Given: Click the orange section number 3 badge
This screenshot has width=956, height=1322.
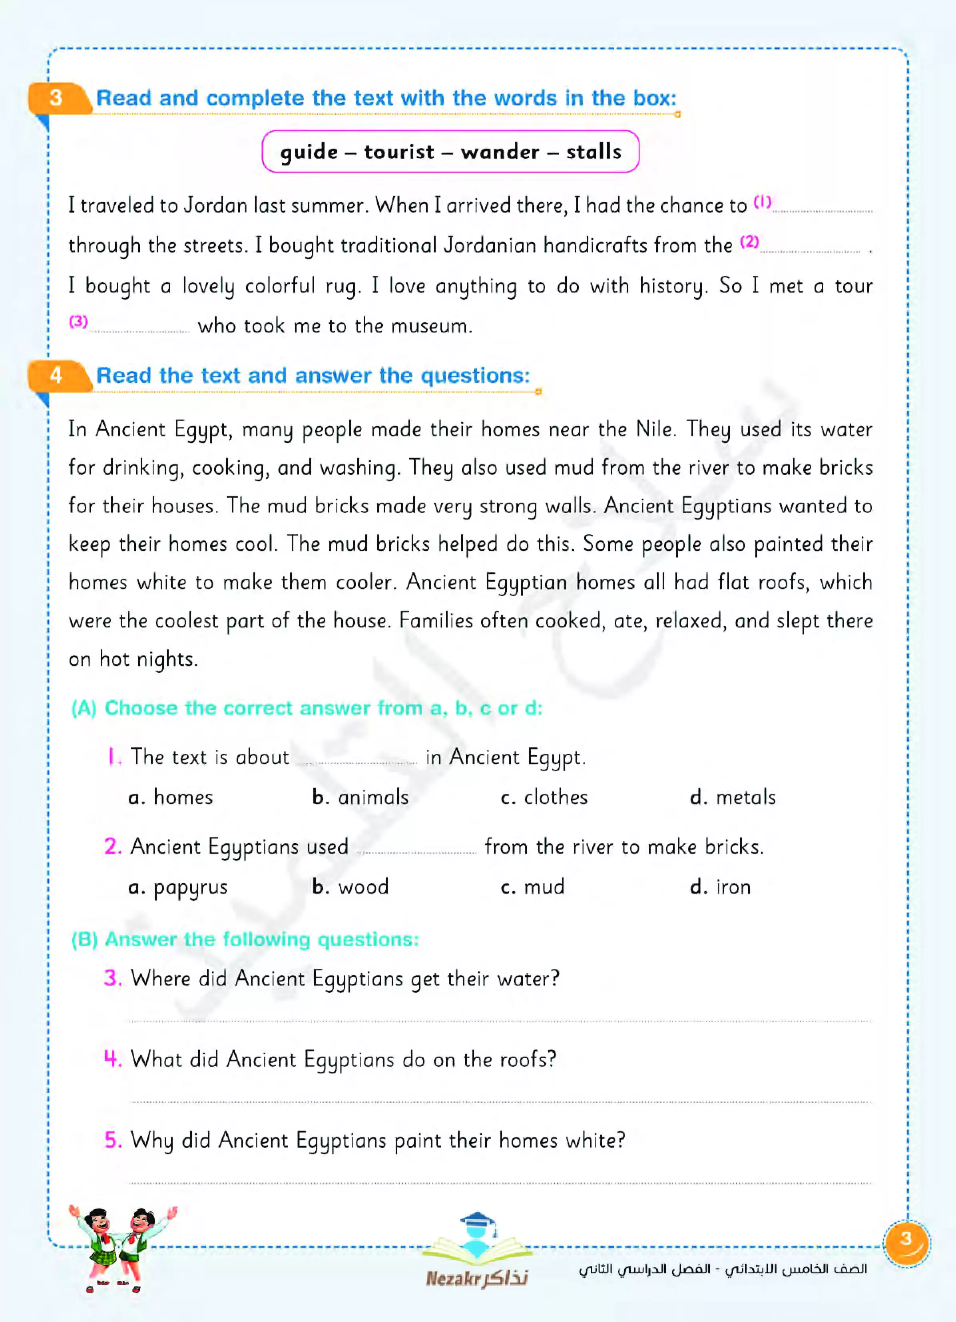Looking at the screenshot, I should pyautogui.click(x=56, y=98).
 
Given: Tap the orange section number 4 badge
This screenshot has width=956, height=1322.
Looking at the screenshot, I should pyautogui.click(x=56, y=375).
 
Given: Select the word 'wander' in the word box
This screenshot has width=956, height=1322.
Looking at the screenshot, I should pyautogui.click(x=500, y=152).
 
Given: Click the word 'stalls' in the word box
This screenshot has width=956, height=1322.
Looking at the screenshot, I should pyautogui.click(x=594, y=152).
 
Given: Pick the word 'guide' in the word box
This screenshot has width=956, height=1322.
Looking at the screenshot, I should pyautogui.click(x=309, y=153).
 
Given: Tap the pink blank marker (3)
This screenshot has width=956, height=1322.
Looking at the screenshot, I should pyautogui.click(x=78, y=322).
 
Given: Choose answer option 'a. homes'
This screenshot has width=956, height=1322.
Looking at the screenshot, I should pyautogui.click(x=171, y=797).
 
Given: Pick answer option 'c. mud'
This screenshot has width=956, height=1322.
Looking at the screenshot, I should pyautogui.click(x=532, y=886).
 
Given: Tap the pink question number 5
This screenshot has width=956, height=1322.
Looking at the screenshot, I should pyautogui.click(x=112, y=1140).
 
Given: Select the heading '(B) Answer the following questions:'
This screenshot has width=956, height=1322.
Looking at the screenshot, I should pyautogui.click(x=245, y=940).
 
